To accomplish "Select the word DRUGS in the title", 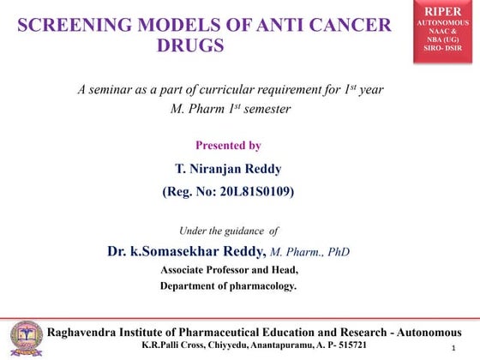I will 190,45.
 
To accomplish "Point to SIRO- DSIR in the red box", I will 444,47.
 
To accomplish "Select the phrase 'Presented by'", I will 228,146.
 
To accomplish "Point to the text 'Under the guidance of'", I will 228,231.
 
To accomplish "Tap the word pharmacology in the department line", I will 261,285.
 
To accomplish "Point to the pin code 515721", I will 349,345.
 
